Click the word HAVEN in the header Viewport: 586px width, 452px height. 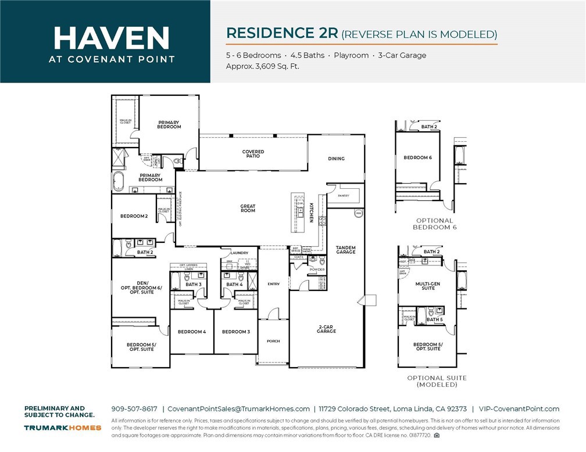pos(111,38)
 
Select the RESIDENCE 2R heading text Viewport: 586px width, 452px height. pos(281,33)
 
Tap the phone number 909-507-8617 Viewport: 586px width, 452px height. pos(134,409)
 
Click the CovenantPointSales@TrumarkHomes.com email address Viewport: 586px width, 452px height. pos(239,409)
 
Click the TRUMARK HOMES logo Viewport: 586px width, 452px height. pos(62,428)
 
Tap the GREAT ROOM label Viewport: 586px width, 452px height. pos(248,208)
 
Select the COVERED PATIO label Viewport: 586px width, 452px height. pos(253,154)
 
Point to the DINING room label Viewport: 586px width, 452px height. pos(336,159)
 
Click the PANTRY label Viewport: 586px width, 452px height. pos(344,196)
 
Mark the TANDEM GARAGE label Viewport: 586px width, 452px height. pos(345,250)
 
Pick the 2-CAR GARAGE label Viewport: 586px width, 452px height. pos(326,329)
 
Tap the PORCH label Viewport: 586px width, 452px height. pos(273,341)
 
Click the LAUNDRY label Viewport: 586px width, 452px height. pos(239,253)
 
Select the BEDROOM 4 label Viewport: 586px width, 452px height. pos(192,332)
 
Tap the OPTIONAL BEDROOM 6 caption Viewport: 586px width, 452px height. pos(434,224)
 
